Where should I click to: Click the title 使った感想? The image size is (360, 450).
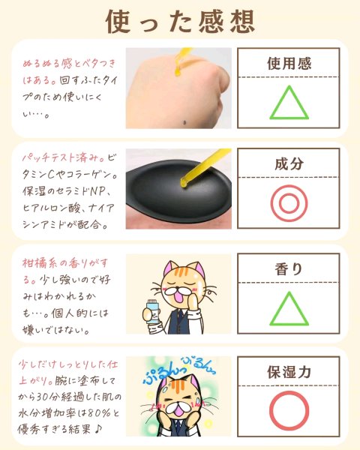tap(181, 22)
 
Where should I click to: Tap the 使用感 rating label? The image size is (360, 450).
tap(289, 64)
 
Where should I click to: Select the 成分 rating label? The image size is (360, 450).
tap(289, 163)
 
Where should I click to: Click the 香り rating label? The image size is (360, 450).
tap(289, 269)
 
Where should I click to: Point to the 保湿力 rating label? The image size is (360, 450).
tap(289, 372)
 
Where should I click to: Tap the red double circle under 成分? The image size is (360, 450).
tap(289, 203)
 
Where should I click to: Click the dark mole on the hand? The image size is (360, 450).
tap(184, 123)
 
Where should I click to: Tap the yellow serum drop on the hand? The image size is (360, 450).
tap(178, 72)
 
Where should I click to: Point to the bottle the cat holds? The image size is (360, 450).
tap(151, 311)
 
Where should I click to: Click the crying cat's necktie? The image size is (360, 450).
tap(178, 431)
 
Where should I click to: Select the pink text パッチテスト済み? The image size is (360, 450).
tap(64, 157)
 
